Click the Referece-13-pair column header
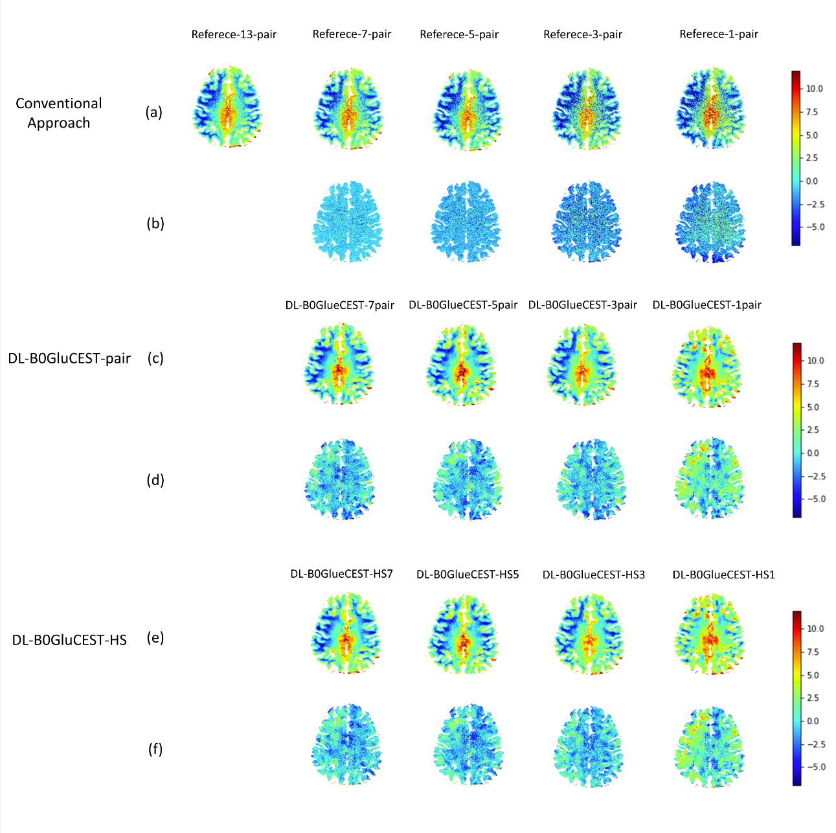pos(234,34)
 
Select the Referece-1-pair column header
pos(719,34)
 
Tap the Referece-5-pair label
pos(459,34)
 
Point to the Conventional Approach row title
pos(59,113)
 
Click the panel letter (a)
pos(154,112)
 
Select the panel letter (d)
pos(155,480)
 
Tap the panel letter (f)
pos(155,749)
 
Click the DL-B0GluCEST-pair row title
pos(69,358)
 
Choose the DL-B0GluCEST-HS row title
pos(69,640)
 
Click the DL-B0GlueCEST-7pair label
pos(339,305)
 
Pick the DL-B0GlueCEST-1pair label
pos(707,305)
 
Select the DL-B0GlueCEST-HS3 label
pos(593,575)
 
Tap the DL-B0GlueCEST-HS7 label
pos(341,574)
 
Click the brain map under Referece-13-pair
pos(227,107)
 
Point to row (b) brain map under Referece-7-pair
pos(348,222)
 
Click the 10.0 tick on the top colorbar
pos(815,89)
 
